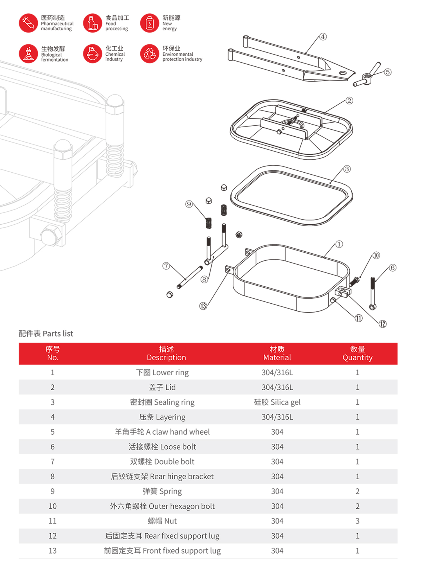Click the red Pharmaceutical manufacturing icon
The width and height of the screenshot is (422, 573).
(28, 23)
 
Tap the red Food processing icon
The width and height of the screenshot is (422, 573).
(93, 23)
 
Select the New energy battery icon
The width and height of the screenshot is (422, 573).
(150, 23)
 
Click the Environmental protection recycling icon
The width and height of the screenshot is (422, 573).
(150, 53)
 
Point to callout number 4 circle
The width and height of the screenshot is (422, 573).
(323, 37)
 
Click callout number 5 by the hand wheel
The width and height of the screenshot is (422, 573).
(388, 72)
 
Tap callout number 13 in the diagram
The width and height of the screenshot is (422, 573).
(203, 306)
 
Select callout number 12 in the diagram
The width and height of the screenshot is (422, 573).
(383, 324)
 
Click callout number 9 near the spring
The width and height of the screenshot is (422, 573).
(189, 204)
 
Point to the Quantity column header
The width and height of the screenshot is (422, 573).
(357, 353)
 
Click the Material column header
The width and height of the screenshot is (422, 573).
(277, 353)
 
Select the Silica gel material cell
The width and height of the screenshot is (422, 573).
(277, 402)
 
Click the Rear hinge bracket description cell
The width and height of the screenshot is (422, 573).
(162, 476)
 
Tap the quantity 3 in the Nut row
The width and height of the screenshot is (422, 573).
(357, 521)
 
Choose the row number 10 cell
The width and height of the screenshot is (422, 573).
(53, 506)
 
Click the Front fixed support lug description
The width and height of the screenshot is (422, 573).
(162, 551)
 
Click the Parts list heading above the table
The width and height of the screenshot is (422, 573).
(46, 333)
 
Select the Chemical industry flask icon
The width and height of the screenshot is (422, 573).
(93, 53)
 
